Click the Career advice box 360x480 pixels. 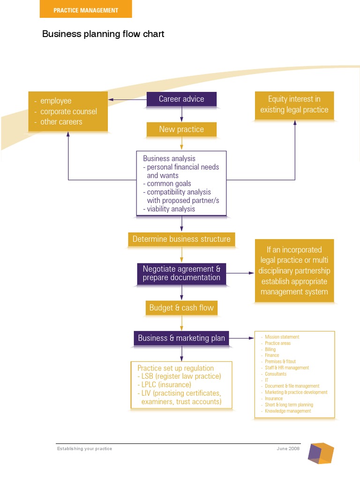pos(181,99)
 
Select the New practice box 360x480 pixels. pos(181,129)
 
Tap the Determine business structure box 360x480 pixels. pos(181,239)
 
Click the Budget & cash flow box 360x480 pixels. pos(181,308)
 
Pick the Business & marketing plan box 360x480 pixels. pos(181,338)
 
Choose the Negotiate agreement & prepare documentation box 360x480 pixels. pos(181,273)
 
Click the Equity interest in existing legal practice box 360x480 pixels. pos(294,105)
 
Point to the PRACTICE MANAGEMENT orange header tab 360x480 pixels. pos(86,10)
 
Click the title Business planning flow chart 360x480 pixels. pos(103,34)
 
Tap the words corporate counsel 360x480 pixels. pos(68,112)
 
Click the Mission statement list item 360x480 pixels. pos(282,337)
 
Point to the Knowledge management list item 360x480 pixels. pos(288,411)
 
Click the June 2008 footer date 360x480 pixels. pos(288,449)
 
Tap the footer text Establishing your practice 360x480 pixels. pos(84,449)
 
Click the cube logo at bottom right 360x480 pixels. pos(321,453)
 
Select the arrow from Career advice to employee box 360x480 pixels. pos(127,99)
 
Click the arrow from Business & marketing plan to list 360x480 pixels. pos(241,338)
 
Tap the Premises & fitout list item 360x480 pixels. pos(281,361)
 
